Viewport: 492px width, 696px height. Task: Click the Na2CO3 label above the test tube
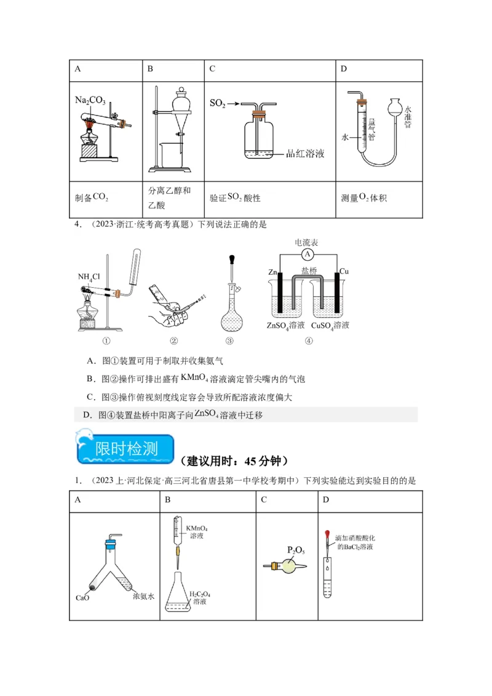click(90, 100)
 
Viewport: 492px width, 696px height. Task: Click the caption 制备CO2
click(92, 197)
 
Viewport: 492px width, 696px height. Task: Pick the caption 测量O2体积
click(363, 198)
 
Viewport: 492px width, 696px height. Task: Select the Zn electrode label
click(272, 271)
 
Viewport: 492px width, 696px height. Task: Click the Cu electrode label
click(344, 271)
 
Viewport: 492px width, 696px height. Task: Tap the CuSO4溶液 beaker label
click(330, 325)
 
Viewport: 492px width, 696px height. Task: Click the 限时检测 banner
click(125, 446)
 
